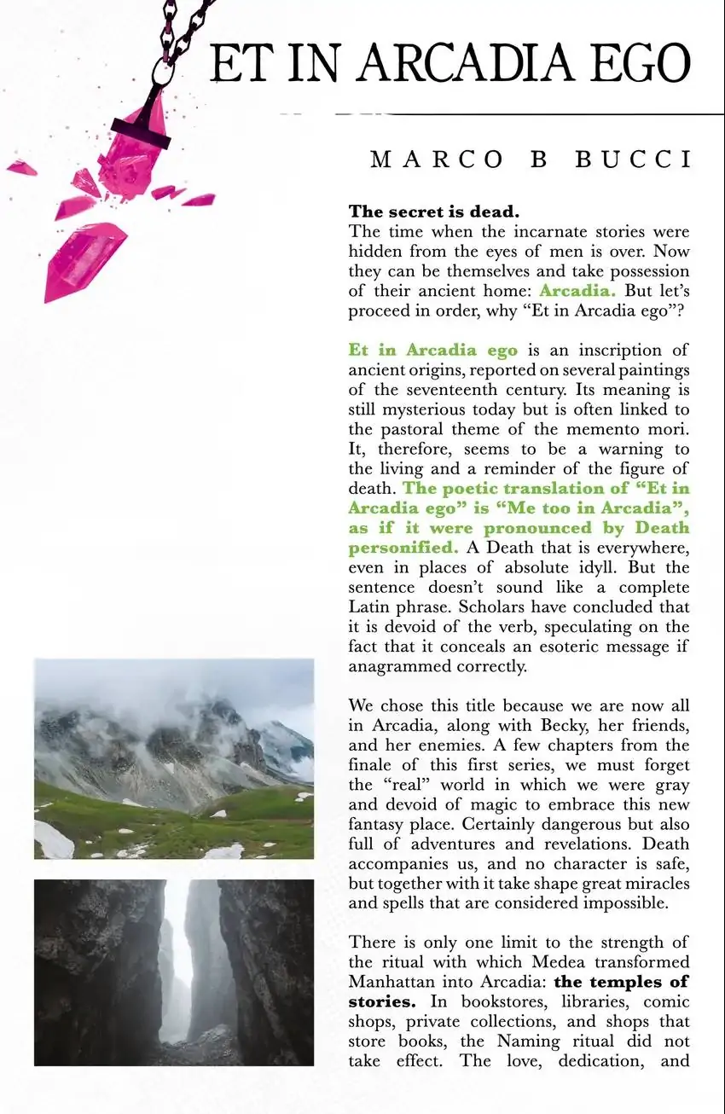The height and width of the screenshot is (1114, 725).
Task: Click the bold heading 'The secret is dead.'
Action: [x=434, y=212]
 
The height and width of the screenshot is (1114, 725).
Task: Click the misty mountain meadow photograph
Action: [x=174, y=758]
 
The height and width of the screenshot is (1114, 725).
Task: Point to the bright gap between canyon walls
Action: [x=181, y=947]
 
